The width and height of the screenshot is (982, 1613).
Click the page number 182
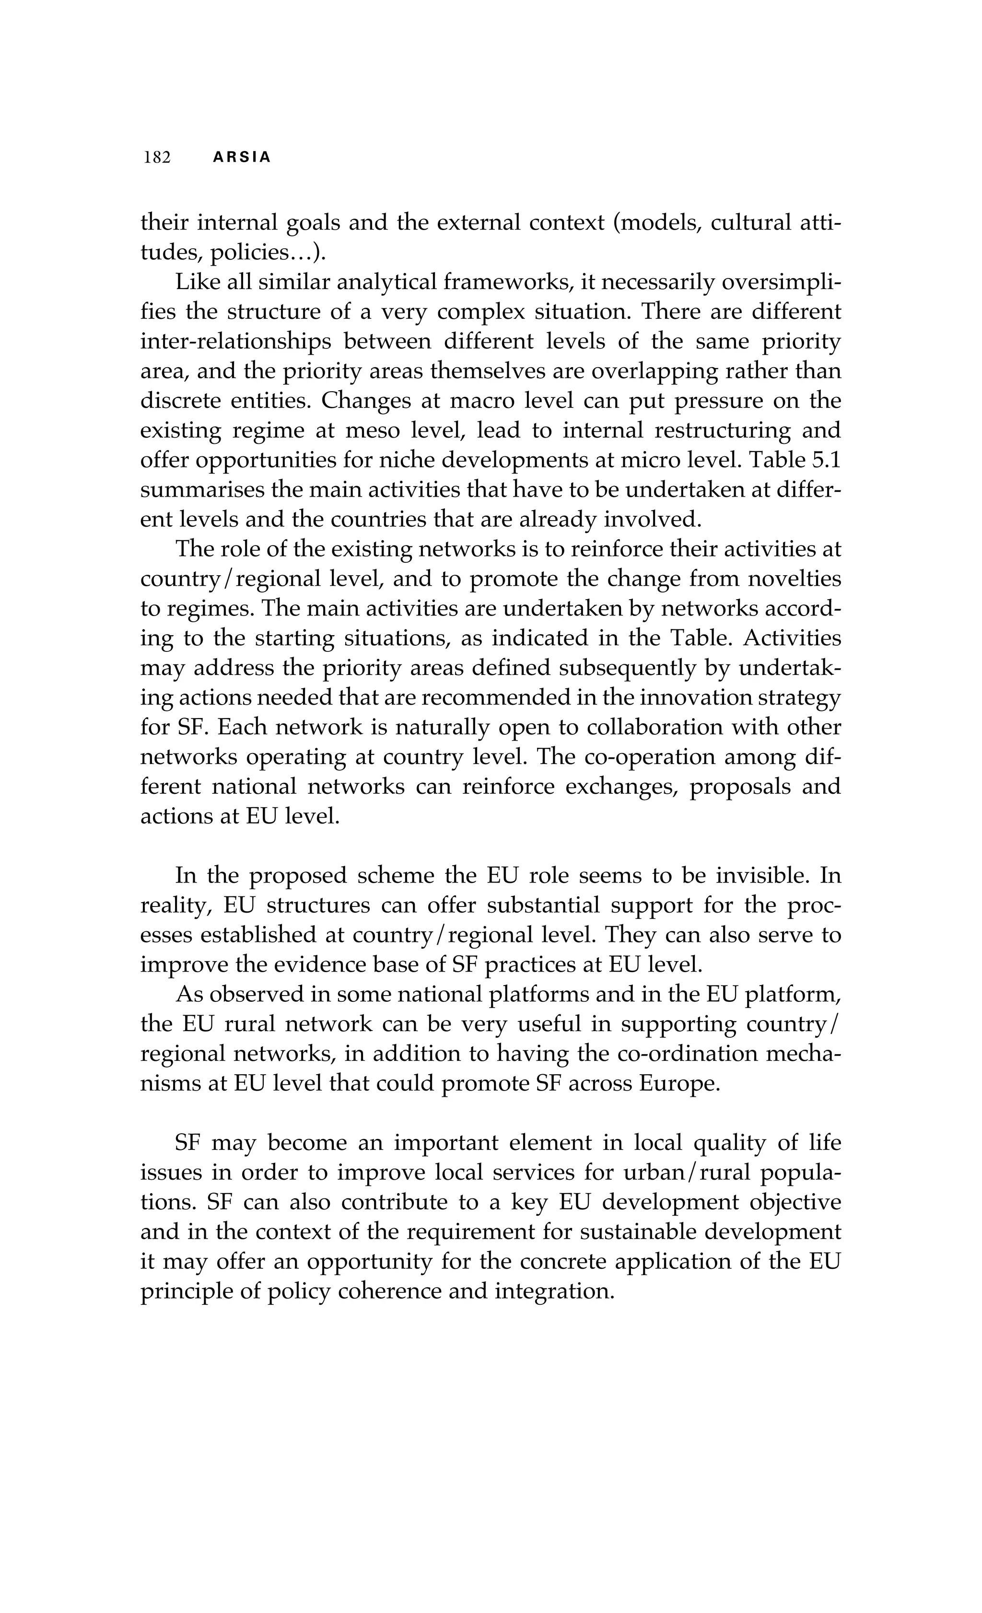(x=157, y=158)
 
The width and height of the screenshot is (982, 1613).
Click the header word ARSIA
(x=242, y=158)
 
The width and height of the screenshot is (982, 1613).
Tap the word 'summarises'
(x=201, y=490)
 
